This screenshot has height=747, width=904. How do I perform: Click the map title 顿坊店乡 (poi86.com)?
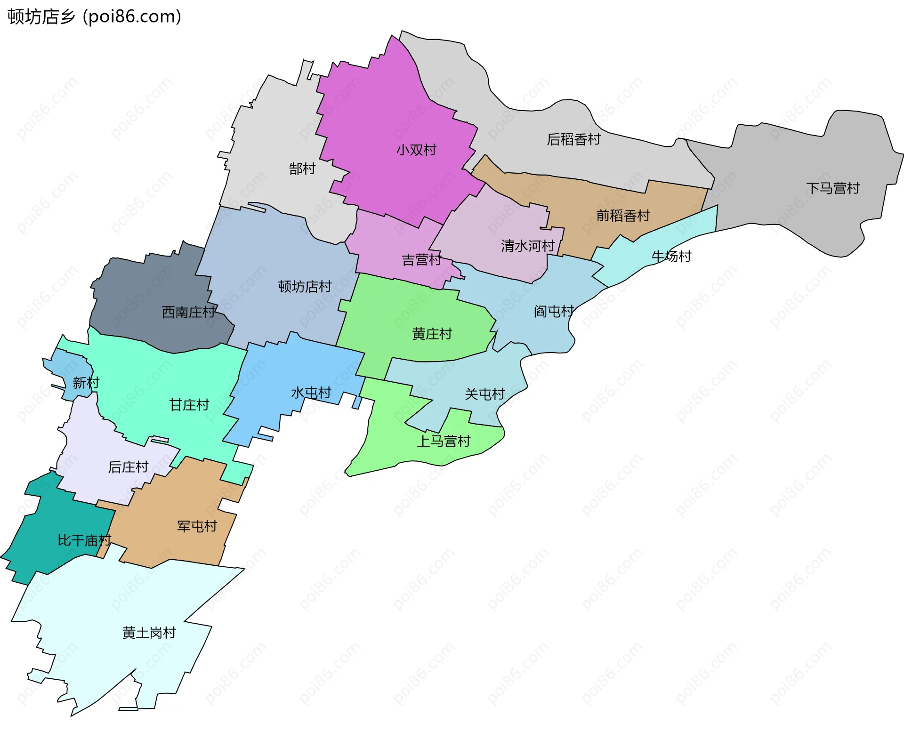94,16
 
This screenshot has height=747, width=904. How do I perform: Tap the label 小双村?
416,150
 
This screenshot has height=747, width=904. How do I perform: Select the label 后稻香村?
573,139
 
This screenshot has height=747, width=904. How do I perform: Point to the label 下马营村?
832,188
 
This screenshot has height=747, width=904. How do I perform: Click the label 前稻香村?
623,216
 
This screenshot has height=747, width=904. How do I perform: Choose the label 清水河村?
528,246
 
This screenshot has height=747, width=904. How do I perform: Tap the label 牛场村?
671,257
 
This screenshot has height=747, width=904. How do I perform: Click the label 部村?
302,169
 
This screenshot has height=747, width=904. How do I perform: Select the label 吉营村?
421,260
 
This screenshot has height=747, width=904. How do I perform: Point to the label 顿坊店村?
305,286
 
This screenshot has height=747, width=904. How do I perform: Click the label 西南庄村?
188,312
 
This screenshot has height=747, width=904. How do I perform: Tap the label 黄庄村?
432,334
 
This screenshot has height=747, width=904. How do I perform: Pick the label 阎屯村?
554,311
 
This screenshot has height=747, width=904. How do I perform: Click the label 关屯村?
484,394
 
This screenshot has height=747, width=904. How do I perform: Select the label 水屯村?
311,393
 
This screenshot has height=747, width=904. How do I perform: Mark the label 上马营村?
444,441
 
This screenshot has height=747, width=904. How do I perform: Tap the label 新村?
86,383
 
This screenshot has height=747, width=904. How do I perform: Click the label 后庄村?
128,467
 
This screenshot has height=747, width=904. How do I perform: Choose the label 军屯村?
197,526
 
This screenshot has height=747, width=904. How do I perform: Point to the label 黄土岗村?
149,633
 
